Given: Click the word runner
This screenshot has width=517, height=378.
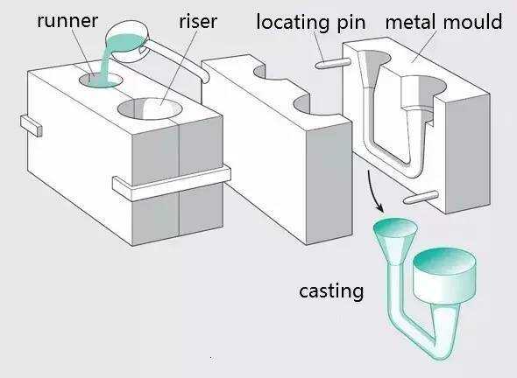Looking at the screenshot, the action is tap(67, 21).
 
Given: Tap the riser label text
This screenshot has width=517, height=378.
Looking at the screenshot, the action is tap(198, 22).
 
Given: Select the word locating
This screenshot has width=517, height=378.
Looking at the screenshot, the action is tap(293, 23).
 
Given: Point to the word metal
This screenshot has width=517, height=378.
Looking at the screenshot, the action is tap(412, 22).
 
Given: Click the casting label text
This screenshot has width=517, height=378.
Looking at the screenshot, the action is tap(331, 291).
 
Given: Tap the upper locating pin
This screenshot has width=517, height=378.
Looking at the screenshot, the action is tap(332, 63).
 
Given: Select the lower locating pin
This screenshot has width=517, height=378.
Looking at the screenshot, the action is tap(421, 197).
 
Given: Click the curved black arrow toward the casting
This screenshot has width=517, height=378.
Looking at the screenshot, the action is tap(372, 191).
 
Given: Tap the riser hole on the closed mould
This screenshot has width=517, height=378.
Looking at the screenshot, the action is tap(150, 108).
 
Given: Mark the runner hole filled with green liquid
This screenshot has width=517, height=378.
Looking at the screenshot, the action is tap(101, 80).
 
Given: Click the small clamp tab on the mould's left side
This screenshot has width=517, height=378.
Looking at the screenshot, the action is tap(32, 126).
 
